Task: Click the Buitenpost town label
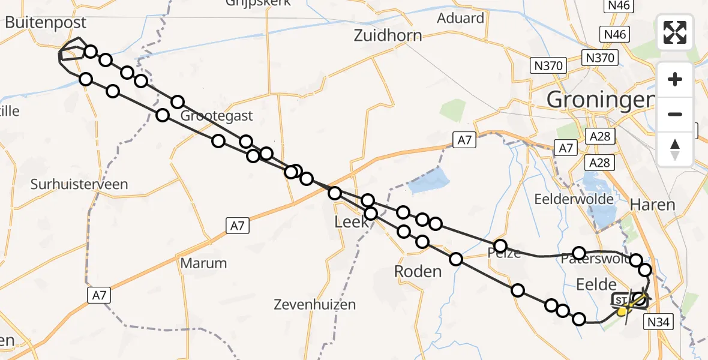tap(46, 23)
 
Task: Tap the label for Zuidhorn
tap(388, 35)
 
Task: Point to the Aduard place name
tap(461, 18)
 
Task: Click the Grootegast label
tap(218, 116)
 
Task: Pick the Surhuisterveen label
tap(79, 184)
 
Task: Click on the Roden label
tap(418, 271)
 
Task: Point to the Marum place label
tap(203, 263)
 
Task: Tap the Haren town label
tap(652, 205)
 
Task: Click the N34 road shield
tap(660, 323)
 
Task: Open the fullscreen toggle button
tap(675, 32)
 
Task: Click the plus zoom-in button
tap(675, 79)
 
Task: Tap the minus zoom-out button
tap(675, 114)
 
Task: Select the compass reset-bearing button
tap(675, 149)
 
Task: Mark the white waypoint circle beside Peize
tap(500, 246)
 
